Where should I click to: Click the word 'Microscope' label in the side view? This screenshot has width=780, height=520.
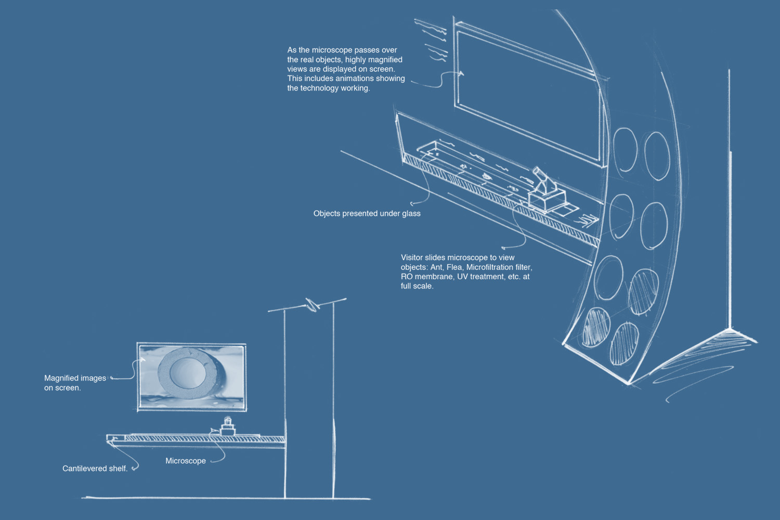[186, 461]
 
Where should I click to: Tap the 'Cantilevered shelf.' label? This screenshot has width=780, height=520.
[95, 469]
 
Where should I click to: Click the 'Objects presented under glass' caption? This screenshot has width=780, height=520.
[367, 213]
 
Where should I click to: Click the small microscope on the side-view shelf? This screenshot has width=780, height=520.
[227, 427]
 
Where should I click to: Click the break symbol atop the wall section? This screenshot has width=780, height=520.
[313, 305]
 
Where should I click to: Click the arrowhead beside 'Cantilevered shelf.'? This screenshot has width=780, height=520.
[135, 469]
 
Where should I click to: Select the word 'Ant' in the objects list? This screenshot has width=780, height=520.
[436, 267]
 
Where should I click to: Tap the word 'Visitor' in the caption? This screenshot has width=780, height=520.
[411, 257]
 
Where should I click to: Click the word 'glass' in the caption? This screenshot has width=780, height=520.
[411, 213]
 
